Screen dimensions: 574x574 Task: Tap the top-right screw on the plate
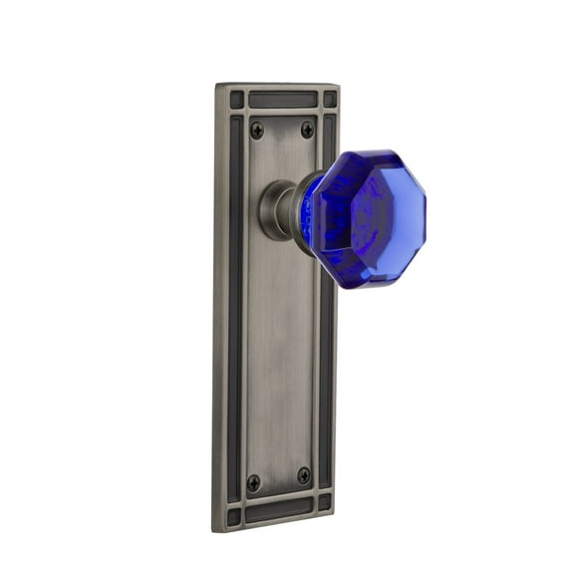click(x=307, y=129)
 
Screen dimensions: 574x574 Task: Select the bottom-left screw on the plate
click(x=254, y=481)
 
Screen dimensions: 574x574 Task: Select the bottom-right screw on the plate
click(x=303, y=475)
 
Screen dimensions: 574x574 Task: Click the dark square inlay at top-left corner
click(x=237, y=99)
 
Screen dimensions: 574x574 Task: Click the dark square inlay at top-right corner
click(x=329, y=100)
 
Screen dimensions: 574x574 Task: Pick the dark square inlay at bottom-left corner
click(x=234, y=516)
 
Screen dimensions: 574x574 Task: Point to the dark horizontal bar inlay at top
click(x=283, y=100)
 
